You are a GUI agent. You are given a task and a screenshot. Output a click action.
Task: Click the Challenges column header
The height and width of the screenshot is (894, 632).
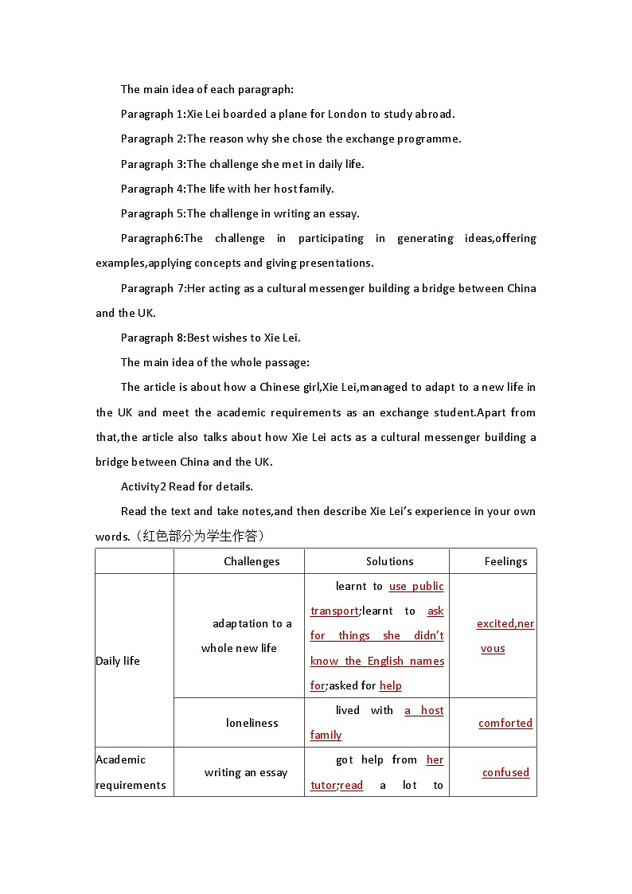pyautogui.click(x=252, y=561)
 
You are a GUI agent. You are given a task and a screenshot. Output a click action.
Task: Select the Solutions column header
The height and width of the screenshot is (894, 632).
pyautogui.click(x=389, y=561)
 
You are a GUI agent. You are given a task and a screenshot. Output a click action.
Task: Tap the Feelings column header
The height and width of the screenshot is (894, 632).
pyautogui.click(x=505, y=561)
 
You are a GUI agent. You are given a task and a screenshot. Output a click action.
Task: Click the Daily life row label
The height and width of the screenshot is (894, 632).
pyautogui.click(x=118, y=661)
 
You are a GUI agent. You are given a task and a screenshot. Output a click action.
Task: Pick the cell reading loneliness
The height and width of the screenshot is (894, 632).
pyautogui.click(x=252, y=723)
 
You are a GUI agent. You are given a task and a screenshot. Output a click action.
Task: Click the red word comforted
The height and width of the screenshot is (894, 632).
pyautogui.click(x=505, y=723)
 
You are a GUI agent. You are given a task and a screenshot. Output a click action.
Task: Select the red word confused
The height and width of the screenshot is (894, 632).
pyautogui.click(x=505, y=772)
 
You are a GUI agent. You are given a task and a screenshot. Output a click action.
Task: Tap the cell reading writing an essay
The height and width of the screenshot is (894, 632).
pyautogui.click(x=246, y=772)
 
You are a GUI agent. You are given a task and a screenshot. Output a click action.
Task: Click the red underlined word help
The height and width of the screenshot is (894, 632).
pyautogui.click(x=391, y=685)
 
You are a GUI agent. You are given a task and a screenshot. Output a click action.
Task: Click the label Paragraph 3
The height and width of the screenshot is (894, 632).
pyautogui.click(x=152, y=164)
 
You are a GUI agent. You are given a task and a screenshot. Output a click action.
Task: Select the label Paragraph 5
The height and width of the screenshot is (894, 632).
pyautogui.click(x=152, y=213)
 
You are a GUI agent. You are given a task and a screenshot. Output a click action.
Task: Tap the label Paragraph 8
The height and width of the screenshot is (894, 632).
pyautogui.click(x=152, y=338)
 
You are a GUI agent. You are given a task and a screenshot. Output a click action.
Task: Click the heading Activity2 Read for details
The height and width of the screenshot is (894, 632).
pyautogui.click(x=186, y=486)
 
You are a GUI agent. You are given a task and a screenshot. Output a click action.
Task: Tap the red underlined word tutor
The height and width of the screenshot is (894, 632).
pyautogui.click(x=322, y=785)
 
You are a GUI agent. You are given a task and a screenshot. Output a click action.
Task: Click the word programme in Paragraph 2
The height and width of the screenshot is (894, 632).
pyautogui.click(x=431, y=139)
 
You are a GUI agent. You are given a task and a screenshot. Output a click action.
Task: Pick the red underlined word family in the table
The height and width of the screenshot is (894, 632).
pyautogui.click(x=326, y=735)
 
